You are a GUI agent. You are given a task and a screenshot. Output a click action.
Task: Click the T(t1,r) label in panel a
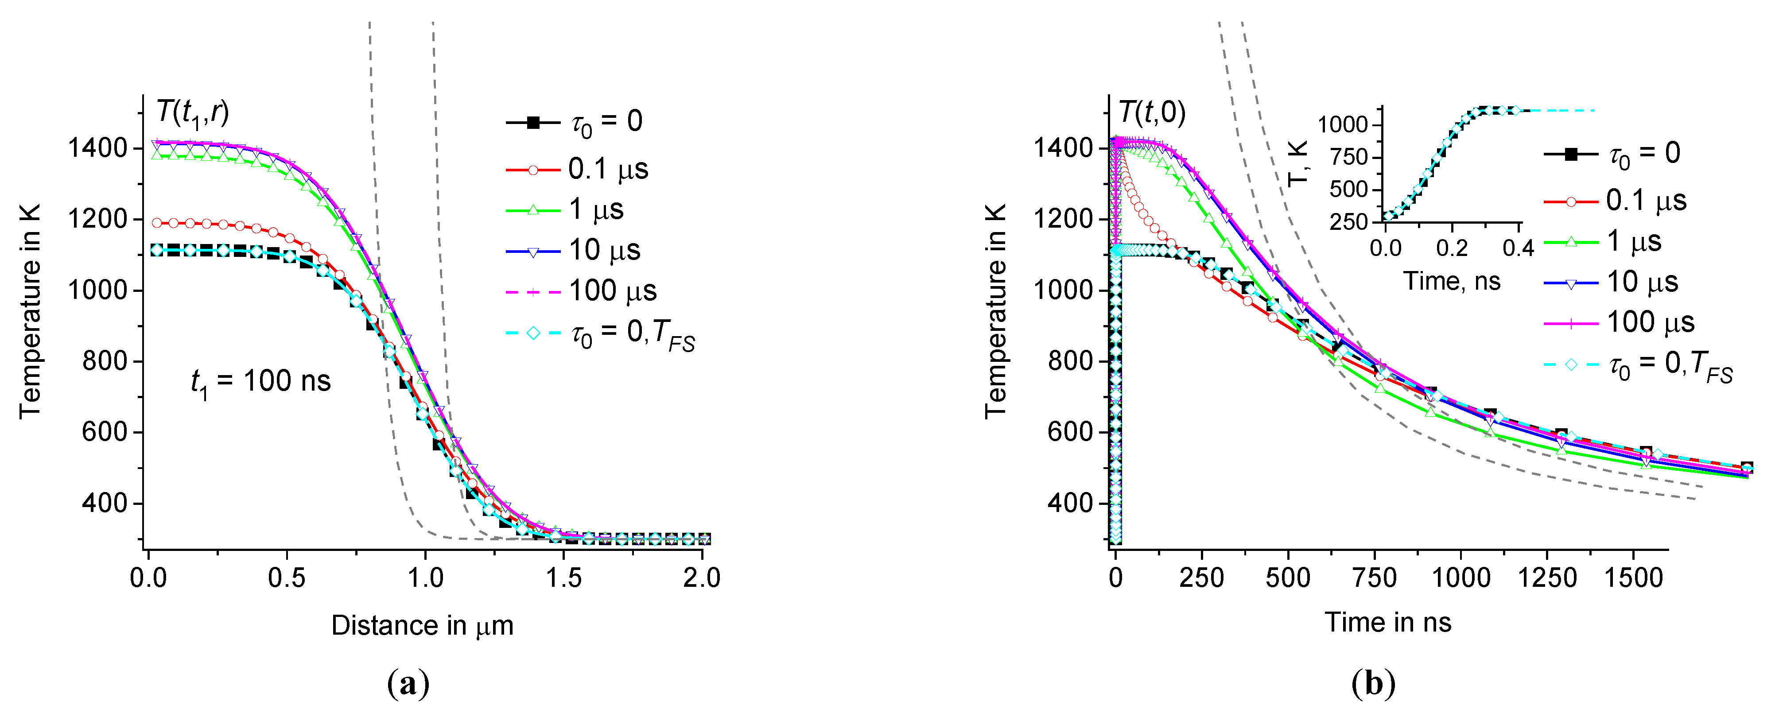coord(192,112)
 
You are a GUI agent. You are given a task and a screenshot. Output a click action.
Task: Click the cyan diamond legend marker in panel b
coord(1570,364)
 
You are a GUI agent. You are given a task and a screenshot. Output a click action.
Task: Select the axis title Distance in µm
coord(422,626)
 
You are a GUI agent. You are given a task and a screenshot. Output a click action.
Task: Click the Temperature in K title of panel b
coord(996,311)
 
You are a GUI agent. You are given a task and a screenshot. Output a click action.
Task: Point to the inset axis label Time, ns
coord(1452,282)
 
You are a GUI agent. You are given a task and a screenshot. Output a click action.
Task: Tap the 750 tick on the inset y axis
coord(1349,158)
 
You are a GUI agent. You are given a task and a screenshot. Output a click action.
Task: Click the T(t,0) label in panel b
coord(1152,112)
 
